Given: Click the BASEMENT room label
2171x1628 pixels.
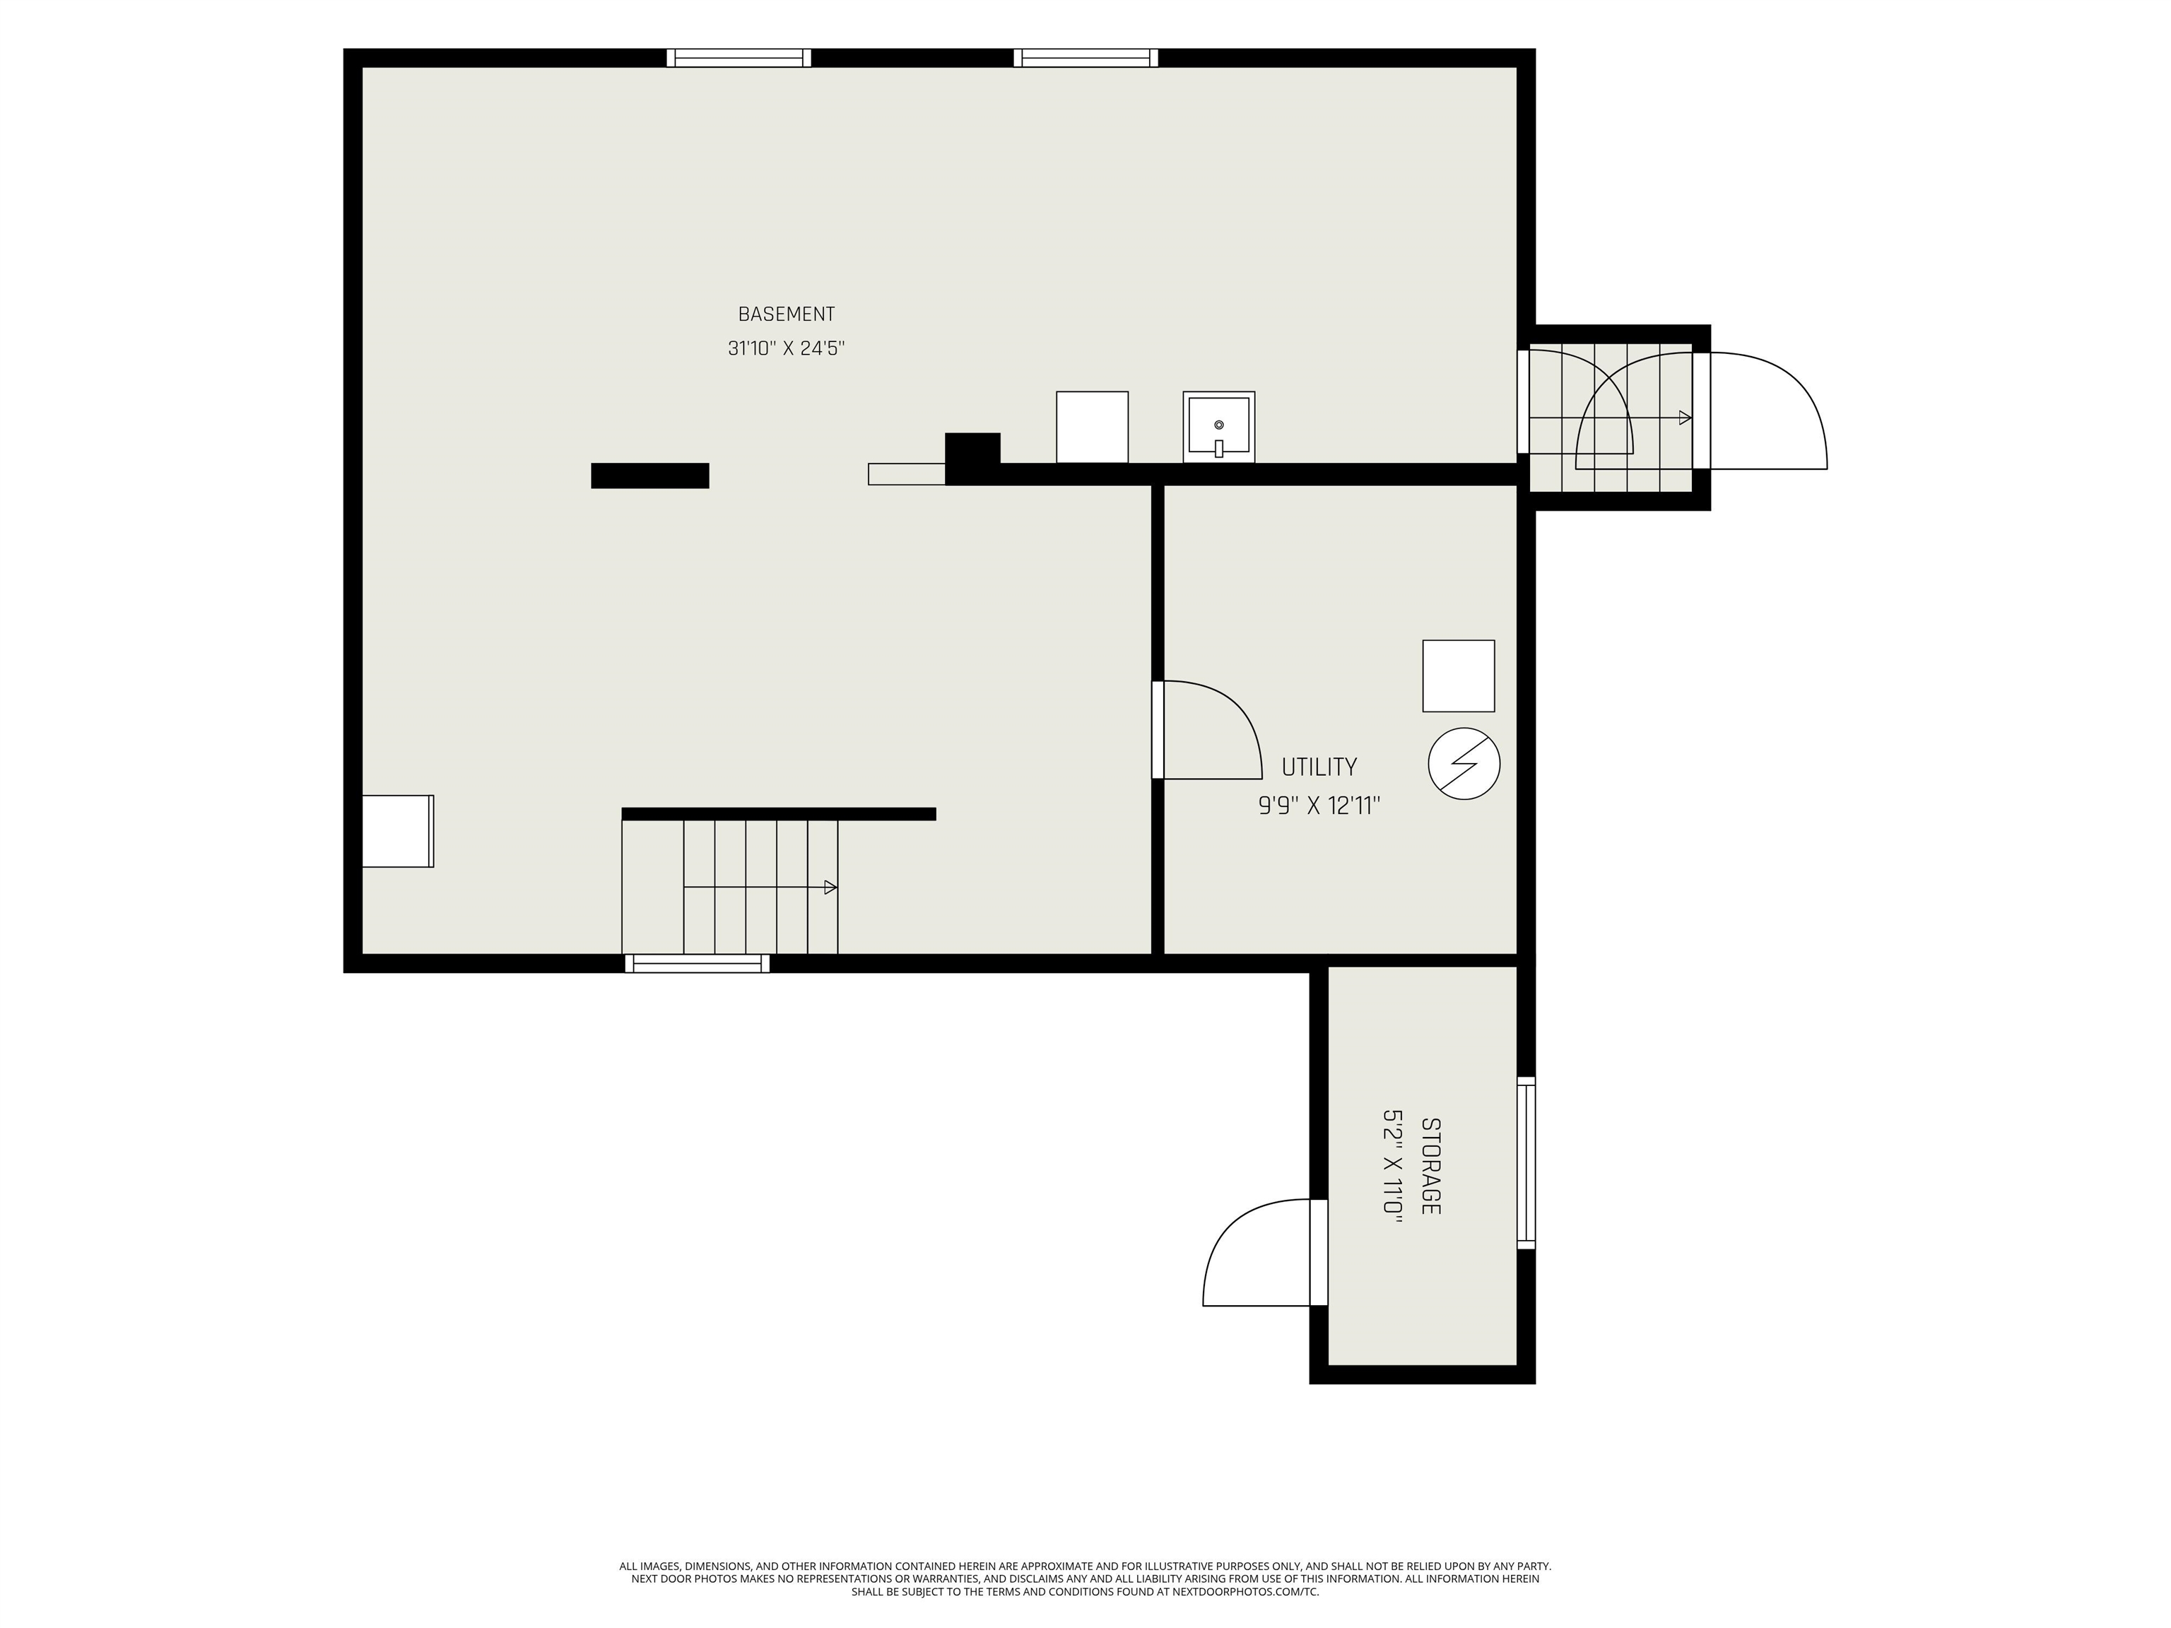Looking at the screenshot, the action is [x=786, y=314].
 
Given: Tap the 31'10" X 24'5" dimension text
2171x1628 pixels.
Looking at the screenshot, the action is [x=786, y=348].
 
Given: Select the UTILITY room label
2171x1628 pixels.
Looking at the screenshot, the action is [x=1319, y=767].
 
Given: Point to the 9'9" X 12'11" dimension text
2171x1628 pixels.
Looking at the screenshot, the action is [x=1319, y=806].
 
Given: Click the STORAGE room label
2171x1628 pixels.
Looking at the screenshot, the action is [x=1431, y=1166].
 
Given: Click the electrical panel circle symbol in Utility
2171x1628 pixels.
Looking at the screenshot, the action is [x=1464, y=762].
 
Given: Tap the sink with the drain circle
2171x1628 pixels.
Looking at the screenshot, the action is [x=1219, y=427].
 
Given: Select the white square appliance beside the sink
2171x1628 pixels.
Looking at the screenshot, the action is [x=1093, y=427].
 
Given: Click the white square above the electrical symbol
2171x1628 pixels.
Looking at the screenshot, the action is [x=1459, y=676].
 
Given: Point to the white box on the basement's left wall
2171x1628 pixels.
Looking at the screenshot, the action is [x=397, y=831].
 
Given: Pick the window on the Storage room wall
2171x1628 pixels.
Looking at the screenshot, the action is [x=1526, y=1163].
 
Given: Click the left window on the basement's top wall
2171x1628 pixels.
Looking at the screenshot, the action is [x=739, y=58].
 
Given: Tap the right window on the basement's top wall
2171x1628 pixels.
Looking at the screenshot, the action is [x=1085, y=58].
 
